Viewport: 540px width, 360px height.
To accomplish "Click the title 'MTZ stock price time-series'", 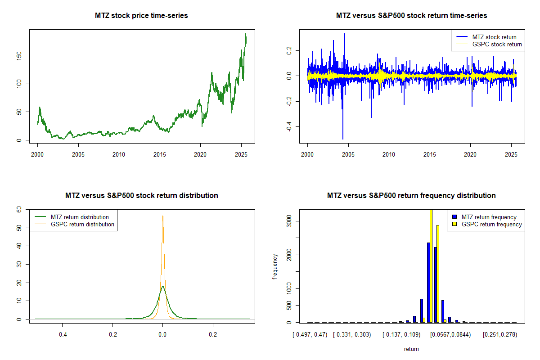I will coord(141,16).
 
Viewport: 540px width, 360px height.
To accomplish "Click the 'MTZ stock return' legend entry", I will coord(494,37).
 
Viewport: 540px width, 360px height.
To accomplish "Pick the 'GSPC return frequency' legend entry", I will coord(491,224).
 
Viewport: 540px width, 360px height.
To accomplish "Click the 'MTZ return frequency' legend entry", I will coord(489,217).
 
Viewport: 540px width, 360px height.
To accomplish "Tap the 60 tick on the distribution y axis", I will coord(19,209).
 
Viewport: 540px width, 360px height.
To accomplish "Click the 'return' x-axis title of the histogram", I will coord(411,349).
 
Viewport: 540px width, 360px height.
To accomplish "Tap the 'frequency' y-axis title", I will coord(275,267).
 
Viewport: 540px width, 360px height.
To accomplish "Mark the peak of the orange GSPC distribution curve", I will coord(162,216).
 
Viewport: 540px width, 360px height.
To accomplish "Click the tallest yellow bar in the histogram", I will coord(431,265).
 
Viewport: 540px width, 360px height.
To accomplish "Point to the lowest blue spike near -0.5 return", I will coord(343,139).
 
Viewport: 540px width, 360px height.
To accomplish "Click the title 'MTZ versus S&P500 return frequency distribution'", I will coord(411,196).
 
